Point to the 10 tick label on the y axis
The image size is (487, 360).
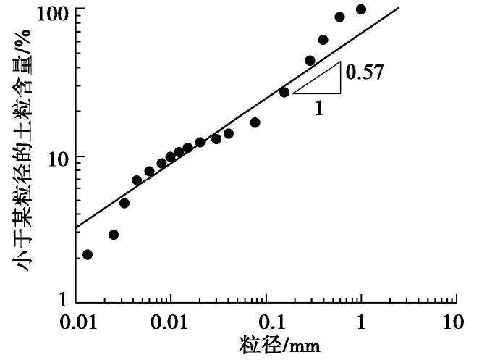56,157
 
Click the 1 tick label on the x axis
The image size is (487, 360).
360,322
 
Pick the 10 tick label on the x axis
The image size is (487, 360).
453,322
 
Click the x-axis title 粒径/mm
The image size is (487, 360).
279,344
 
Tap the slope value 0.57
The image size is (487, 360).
364,72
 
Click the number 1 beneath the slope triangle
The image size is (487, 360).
318,107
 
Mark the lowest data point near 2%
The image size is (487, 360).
88,254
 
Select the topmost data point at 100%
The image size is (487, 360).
361,9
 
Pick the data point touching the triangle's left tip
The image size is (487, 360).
284,92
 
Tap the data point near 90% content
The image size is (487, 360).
339,17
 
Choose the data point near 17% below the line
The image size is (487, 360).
255,122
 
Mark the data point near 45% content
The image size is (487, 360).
310,61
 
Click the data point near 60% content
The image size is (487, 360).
323,40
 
